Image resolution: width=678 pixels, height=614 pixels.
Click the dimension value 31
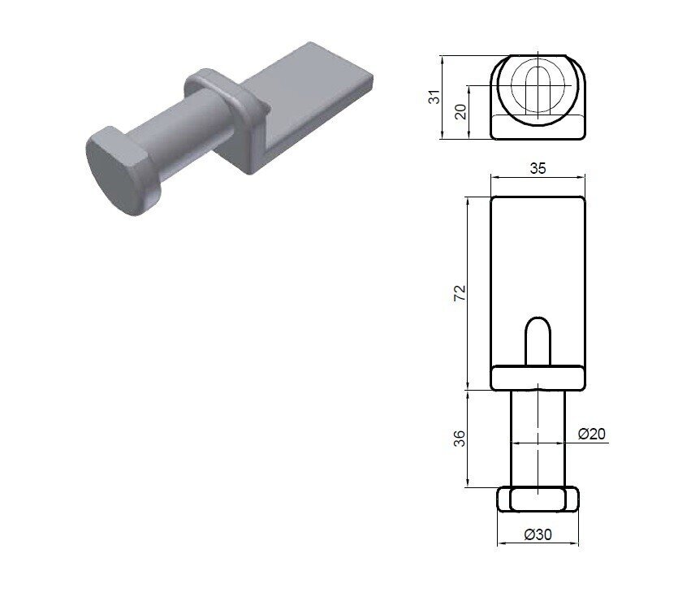[436, 97]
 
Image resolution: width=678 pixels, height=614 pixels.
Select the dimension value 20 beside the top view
[462, 111]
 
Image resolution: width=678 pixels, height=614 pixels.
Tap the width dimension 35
[538, 168]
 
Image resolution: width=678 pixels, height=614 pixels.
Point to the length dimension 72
[460, 292]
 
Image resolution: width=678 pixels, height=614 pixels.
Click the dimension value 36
[460, 439]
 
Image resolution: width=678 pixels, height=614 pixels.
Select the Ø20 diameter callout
[592, 434]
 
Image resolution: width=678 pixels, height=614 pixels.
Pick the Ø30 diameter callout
[538, 535]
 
